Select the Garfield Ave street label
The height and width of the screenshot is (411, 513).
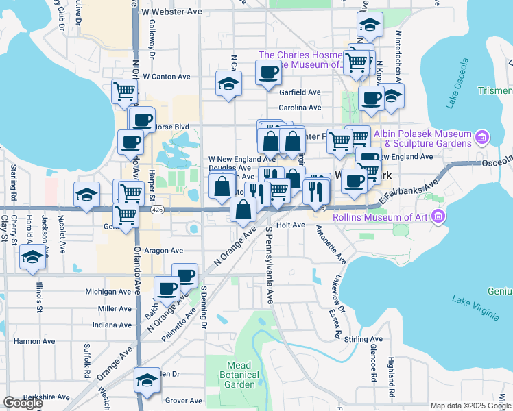300,92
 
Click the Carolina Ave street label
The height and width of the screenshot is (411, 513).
300,108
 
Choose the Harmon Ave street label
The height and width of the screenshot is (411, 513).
34,341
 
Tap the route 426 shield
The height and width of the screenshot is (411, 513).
158,209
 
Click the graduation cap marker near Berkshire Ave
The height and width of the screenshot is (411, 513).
147,382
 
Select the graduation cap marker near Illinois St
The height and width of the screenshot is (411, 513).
32,258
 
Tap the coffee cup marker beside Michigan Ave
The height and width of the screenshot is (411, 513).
167,288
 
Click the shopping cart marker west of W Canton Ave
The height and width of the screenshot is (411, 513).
124,91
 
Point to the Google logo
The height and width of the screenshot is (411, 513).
22,403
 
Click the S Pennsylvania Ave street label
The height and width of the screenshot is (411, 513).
270,264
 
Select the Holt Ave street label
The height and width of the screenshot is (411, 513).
291,225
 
